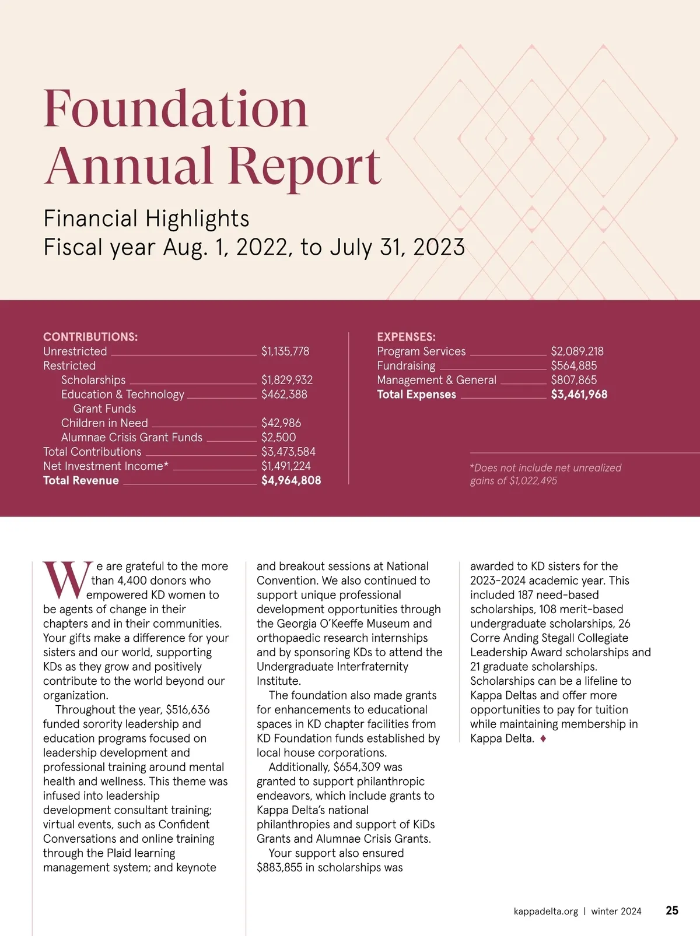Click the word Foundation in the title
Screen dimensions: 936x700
(x=176, y=109)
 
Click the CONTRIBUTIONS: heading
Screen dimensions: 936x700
(x=90, y=337)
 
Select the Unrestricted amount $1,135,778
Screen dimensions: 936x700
(x=285, y=351)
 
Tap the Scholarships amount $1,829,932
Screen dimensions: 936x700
(x=287, y=380)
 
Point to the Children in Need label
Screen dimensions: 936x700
(x=104, y=423)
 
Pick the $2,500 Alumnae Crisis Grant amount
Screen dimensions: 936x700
(x=278, y=438)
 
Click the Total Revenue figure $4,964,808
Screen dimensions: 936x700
(x=291, y=481)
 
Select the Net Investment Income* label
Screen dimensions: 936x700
(x=106, y=466)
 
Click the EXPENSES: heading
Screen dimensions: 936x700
(x=406, y=337)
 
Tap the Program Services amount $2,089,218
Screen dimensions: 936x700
(x=577, y=351)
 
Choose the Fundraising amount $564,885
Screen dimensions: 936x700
(x=574, y=366)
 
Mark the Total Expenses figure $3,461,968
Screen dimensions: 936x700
(x=579, y=395)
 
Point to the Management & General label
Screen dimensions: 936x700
(x=436, y=380)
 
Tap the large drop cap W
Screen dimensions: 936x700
(x=66, y=580)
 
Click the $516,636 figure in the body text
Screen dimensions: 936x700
(x=188, y=710)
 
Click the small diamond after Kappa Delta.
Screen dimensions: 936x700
(x=543, y=738)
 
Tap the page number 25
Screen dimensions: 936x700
(x=672, y=911)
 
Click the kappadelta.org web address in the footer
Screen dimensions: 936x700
(x=546, y=912)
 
